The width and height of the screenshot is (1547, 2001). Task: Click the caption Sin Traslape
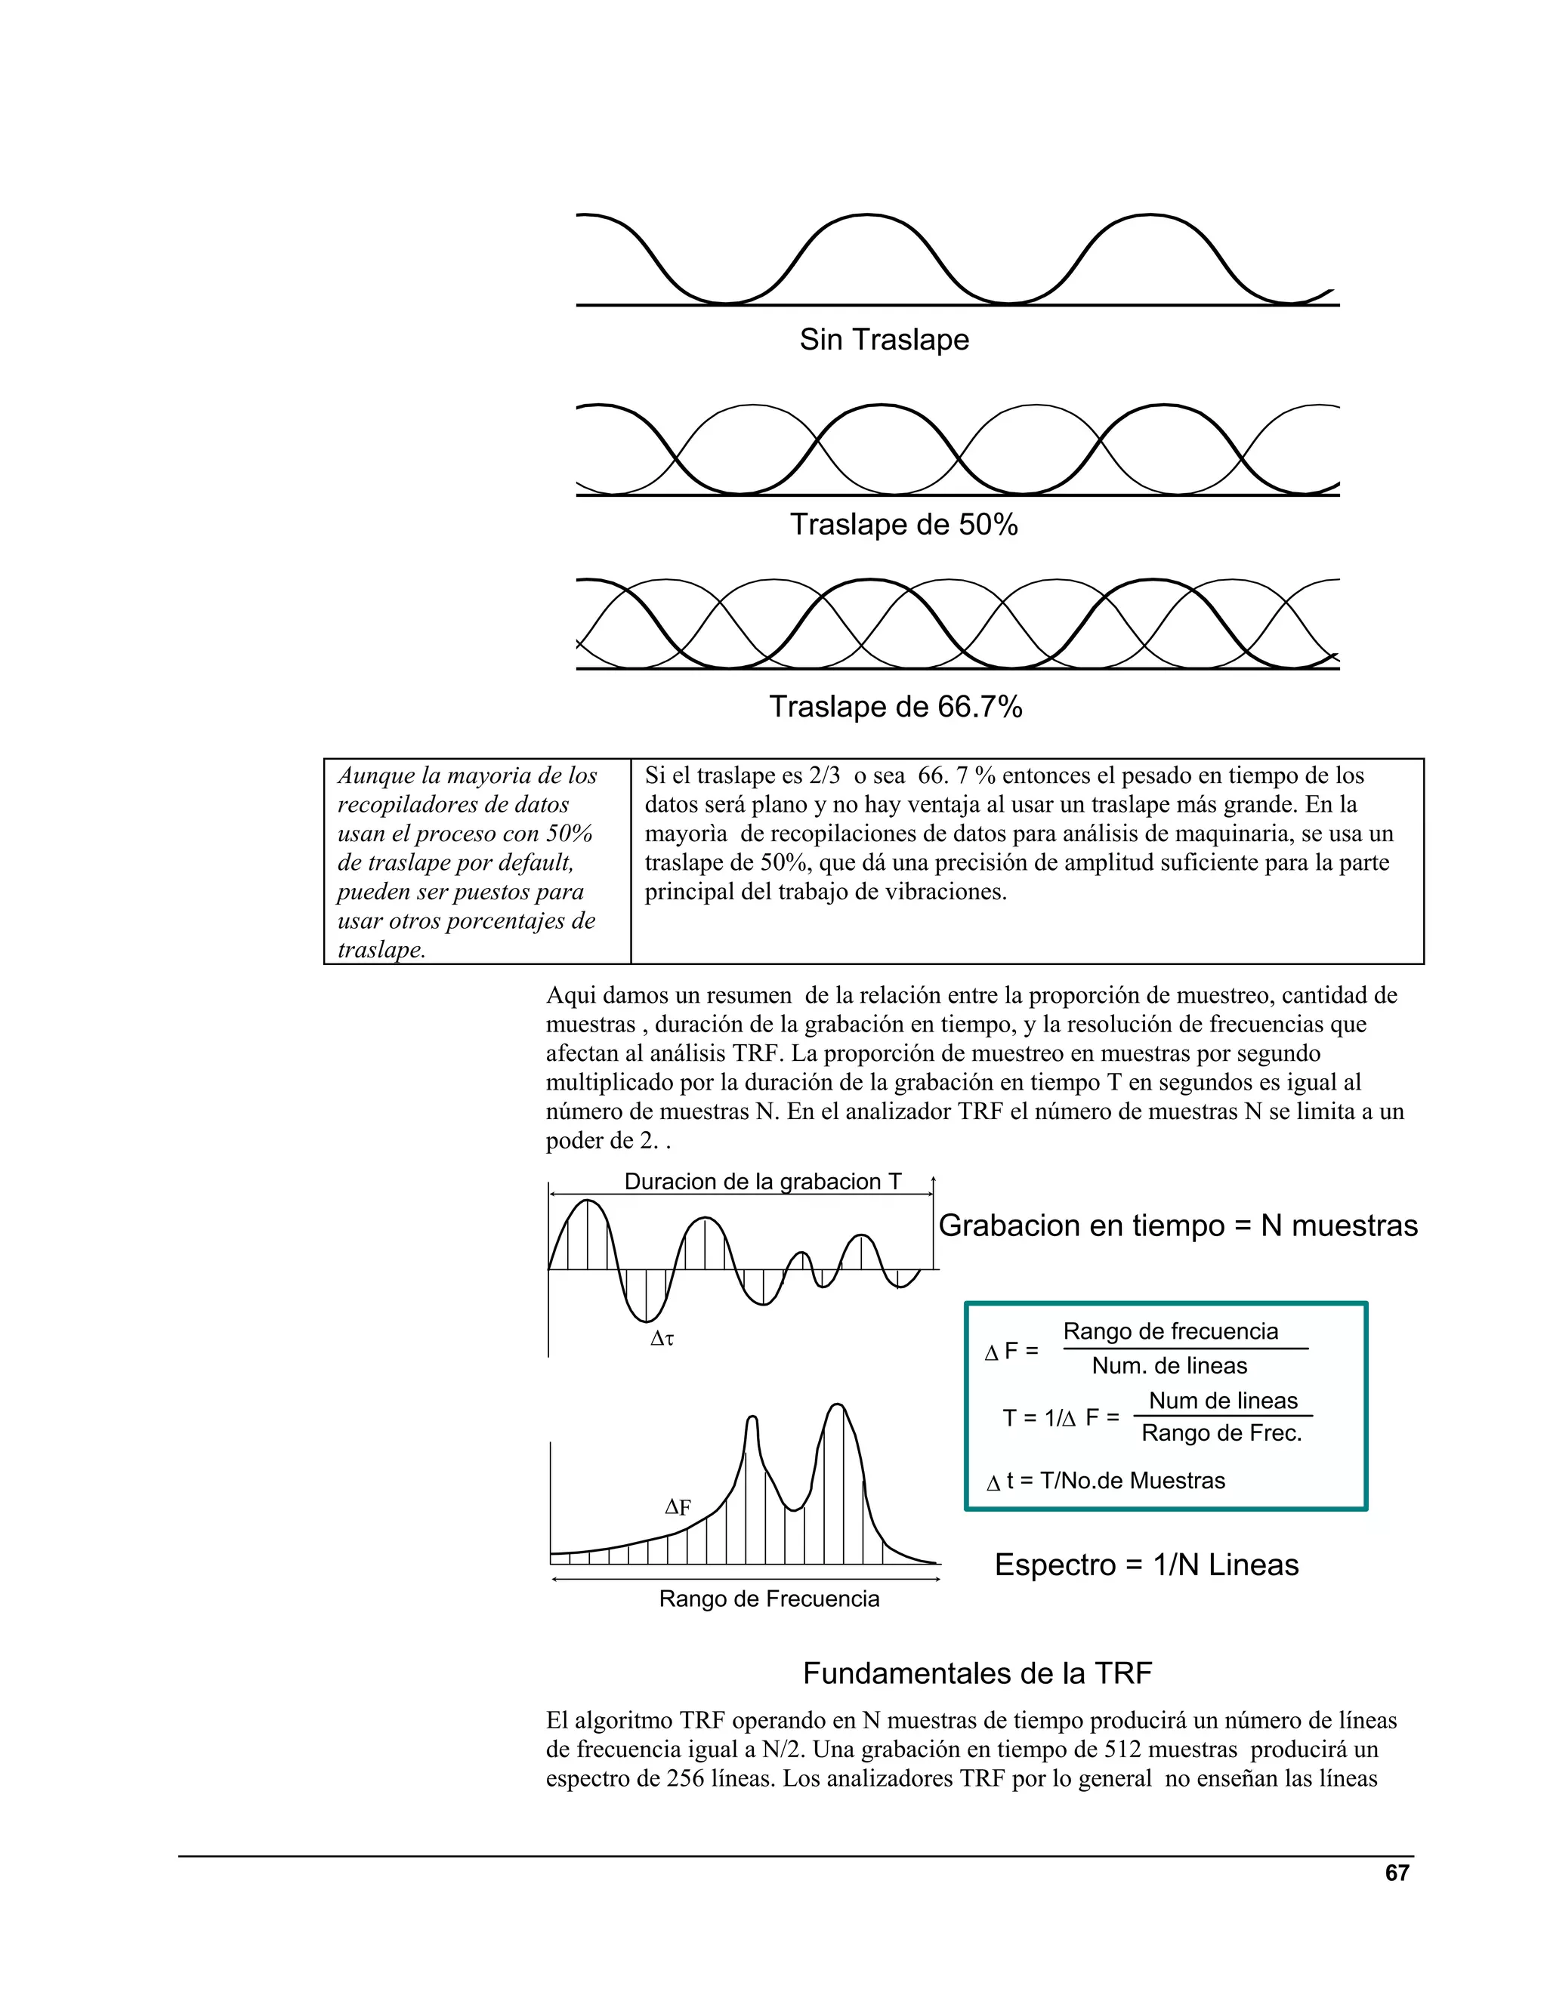884,340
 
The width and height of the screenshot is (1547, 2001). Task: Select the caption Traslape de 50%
903,525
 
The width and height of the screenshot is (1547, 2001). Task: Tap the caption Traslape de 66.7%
895,708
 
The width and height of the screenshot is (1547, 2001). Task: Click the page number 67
1397,1873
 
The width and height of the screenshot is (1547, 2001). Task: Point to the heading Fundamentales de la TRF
977,1674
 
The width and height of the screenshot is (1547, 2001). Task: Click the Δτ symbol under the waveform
662,1339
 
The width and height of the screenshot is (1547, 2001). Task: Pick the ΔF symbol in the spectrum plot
678,1507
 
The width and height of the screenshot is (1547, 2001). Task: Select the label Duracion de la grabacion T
762,1182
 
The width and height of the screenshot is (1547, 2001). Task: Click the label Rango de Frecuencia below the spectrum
769,1599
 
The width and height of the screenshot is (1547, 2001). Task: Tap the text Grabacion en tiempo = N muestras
1178,1226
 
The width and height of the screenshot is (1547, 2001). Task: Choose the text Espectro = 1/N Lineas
1147,1565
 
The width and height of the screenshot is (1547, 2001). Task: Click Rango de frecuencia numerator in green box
1170,1331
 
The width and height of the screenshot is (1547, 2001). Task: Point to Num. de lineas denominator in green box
1169,1366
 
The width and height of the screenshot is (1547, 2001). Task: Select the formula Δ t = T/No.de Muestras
1105,1481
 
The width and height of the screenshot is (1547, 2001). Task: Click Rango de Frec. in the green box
1221,1433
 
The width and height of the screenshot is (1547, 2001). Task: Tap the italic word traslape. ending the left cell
382,950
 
